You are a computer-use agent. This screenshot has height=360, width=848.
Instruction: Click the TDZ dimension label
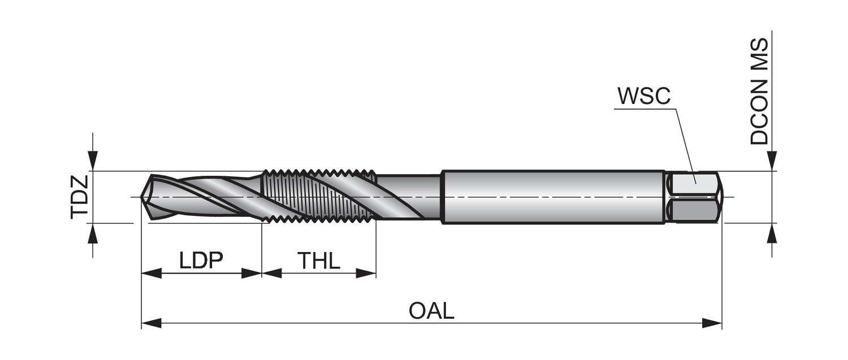pos(80,197)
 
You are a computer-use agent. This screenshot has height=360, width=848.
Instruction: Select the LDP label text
pos(201,261)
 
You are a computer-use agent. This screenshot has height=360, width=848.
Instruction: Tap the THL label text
pos(319,261)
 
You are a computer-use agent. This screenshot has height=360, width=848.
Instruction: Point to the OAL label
pos(431,311)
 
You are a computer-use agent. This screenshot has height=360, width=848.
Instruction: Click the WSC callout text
pos(644,97)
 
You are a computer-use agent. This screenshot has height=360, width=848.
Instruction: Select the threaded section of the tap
pos(319,197)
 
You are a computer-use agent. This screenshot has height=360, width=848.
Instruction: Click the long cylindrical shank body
pos(553,197)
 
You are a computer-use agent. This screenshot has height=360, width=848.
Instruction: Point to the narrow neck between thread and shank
pos(408,197)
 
